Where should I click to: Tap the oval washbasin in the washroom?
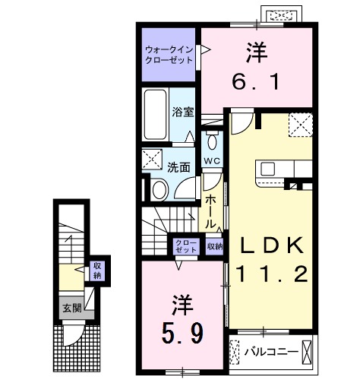point(159,189)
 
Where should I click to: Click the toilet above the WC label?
point(212,141)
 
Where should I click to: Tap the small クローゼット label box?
point(187,245)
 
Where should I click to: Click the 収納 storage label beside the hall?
point(214,246)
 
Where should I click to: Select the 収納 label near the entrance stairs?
point(96,269)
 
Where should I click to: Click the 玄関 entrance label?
point(69,309)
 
